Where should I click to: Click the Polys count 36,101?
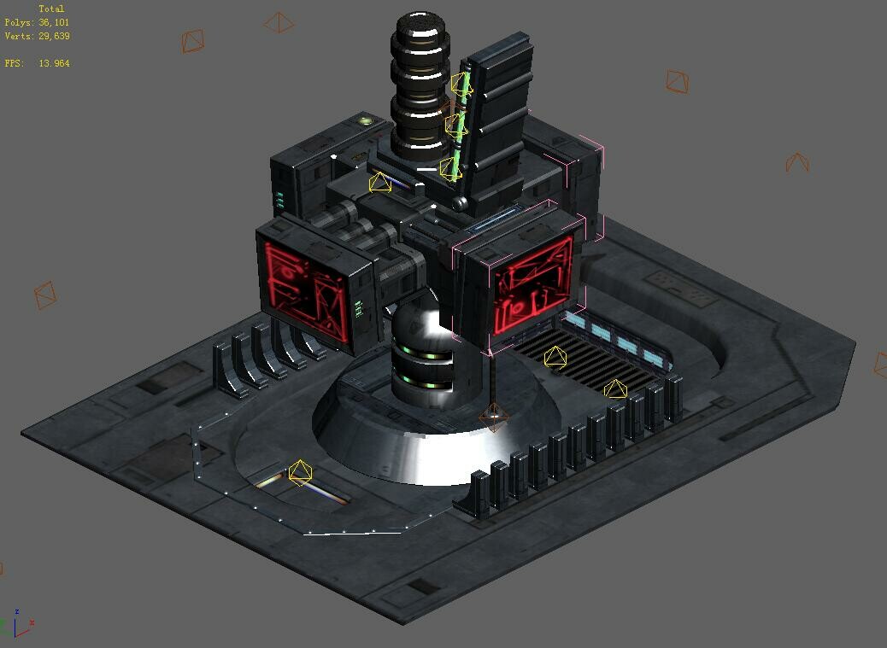point(54,23)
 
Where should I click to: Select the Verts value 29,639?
point(54,37)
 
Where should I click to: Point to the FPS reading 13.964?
point(54,64)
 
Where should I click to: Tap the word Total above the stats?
point(51,9)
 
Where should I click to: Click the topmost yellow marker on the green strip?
point(461,85)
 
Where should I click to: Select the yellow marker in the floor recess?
point(300,472)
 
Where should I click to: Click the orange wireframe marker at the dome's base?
point(494,417)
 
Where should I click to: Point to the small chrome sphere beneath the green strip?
point(461,203)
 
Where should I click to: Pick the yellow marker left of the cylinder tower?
point(379,182)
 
